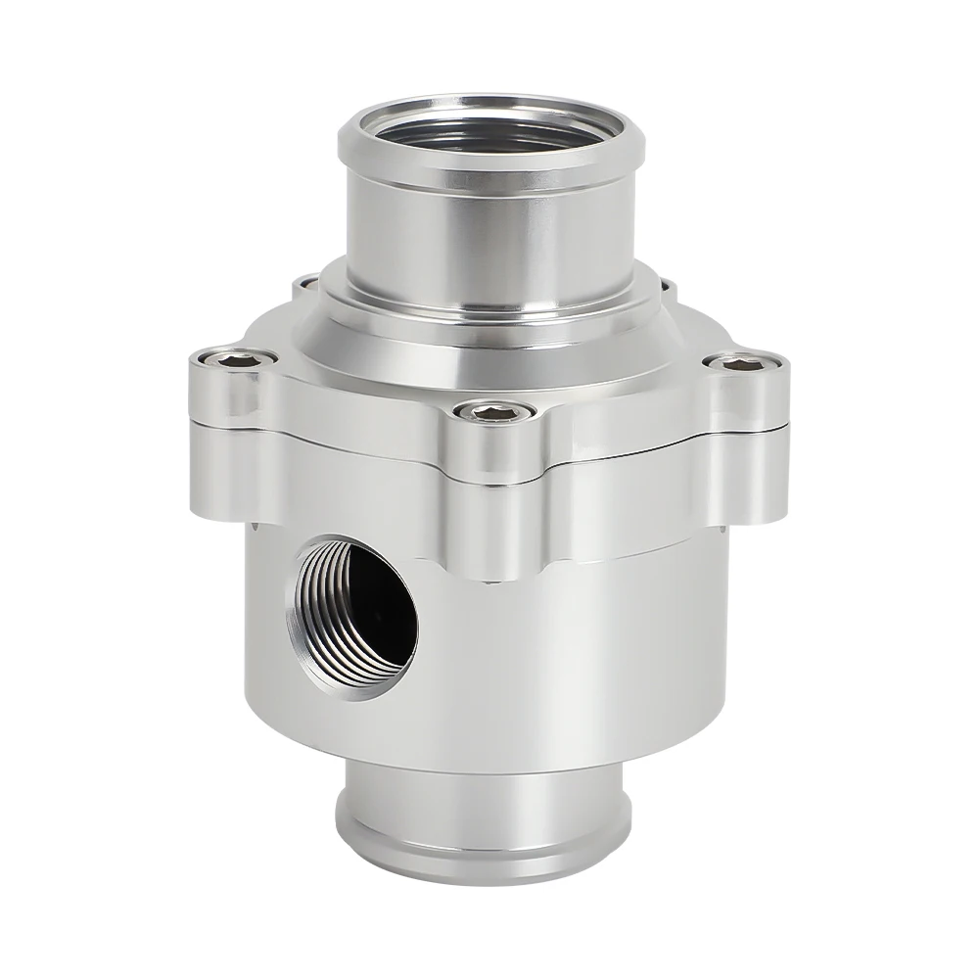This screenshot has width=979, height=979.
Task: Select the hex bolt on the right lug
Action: [x=743, y=364]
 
